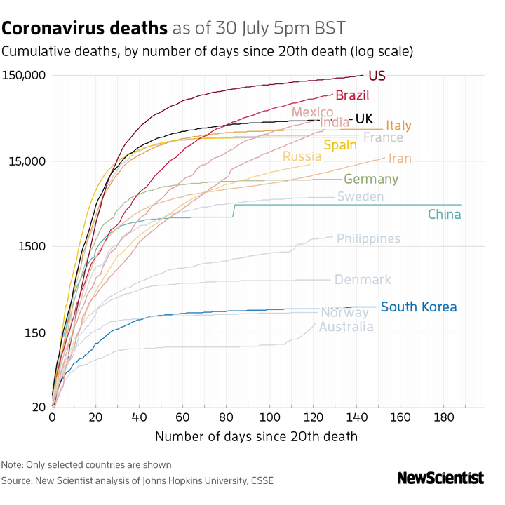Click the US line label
(377, 76)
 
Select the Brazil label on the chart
(352, 95)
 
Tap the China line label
(445, 214)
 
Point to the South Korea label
(419, 307)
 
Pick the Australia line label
(346, 327)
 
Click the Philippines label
(368, 238)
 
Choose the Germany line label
(371, 179)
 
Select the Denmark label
(363, 280)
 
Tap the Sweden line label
(361, 196)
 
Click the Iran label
(400, 159)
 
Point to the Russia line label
(302, 156)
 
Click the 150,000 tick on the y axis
(25, 76)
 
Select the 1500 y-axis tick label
(33, 247)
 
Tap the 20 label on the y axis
(39, 407)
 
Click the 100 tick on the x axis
(270, 419)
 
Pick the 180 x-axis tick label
(444, 419)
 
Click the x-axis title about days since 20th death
(256, 436)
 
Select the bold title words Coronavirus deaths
(85, 29)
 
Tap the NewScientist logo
(440, 478)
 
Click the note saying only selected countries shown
(86, 464)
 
